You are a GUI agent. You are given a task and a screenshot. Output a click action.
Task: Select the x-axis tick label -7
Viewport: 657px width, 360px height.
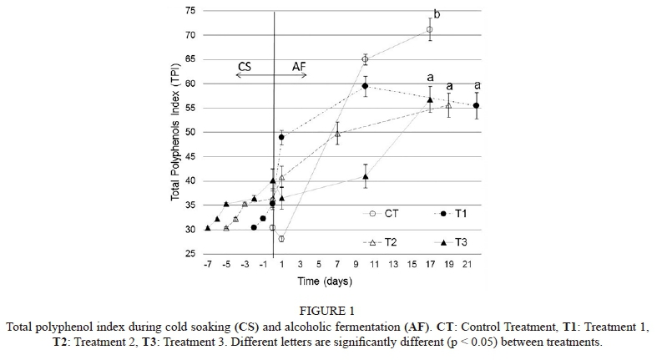click(207, 264)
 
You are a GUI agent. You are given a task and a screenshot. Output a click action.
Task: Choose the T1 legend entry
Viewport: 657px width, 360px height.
click(462, 214)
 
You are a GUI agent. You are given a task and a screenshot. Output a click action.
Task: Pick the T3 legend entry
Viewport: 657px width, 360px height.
click(462, 241)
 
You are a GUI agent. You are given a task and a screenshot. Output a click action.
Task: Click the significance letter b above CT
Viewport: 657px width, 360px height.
click(436, 15)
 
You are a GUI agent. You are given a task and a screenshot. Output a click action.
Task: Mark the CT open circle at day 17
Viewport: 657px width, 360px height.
click(430, 29)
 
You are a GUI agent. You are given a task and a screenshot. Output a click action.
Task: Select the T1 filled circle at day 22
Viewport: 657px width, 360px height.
click(477, 105)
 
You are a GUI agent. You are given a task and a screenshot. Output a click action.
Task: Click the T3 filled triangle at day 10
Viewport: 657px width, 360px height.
click(366, 176)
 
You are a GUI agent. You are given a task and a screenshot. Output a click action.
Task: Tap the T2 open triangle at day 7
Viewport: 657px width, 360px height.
click(337, 134)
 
